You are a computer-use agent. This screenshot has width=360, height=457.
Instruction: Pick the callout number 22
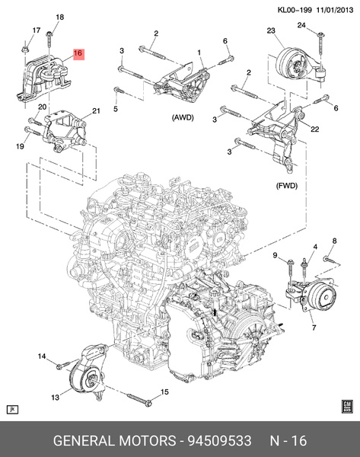tap(314, 129)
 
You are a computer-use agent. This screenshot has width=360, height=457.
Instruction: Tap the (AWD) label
tap(183, 119)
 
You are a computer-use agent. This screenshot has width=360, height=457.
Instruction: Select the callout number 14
tap(43, 356)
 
